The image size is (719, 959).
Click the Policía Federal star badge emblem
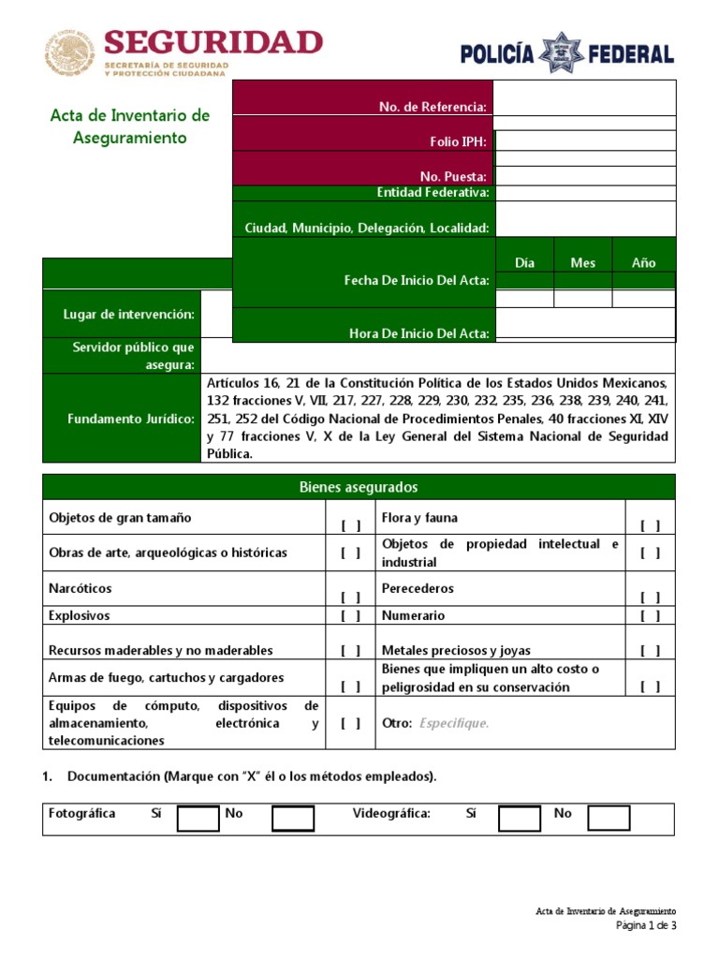[x=566, y=52]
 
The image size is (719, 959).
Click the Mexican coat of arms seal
[x=70, y=52]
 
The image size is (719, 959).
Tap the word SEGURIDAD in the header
[x=213, y=43]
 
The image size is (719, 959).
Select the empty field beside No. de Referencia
[x=584, y=97]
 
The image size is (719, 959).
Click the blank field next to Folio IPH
[x=584, y=140]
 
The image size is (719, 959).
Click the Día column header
[x=524, y=263]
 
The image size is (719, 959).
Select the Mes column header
[x=582, y=263]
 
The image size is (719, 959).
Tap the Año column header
[x=643, y=263]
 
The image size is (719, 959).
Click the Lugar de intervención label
[x=129, y=315]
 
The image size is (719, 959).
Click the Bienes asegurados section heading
[x=359, y=488]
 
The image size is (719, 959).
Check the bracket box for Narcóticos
[x=351, y=597]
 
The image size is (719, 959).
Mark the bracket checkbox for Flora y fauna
[x=650, y=526]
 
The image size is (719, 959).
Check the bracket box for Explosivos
[x=351, y=616]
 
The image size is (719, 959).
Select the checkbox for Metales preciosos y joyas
[x=650, y=651]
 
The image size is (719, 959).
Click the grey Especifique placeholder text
[x=454, y=723]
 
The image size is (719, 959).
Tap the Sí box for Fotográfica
[x=198, y=819]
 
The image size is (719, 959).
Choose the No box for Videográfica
[x=609, y=819]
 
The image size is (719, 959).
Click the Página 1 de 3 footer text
[x=645, y=926]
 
